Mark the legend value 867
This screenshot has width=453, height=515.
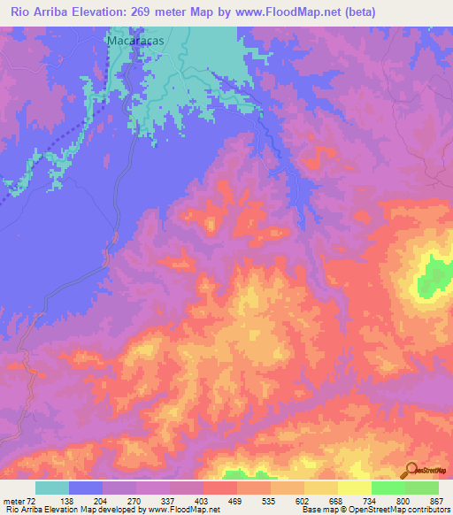[436, 502]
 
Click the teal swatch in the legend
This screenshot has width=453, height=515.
[52, 488]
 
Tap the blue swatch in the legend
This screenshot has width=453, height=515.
[86, 488]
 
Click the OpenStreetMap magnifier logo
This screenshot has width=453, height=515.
[412, 470]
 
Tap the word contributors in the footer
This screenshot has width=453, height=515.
[426, 510]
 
